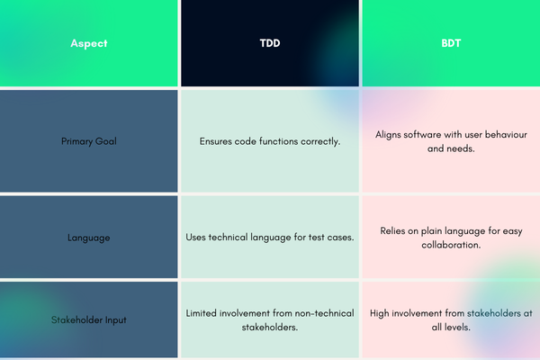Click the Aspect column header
tap(89, 43)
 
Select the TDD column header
tap(270, 43)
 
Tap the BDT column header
tap(451, 43)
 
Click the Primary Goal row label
tap(89, 141)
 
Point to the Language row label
tap(89, 238)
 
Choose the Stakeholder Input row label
tap(89, 320)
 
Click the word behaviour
tap(506, 134)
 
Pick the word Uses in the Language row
tap(195, 237)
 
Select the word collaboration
tap(451, 245)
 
